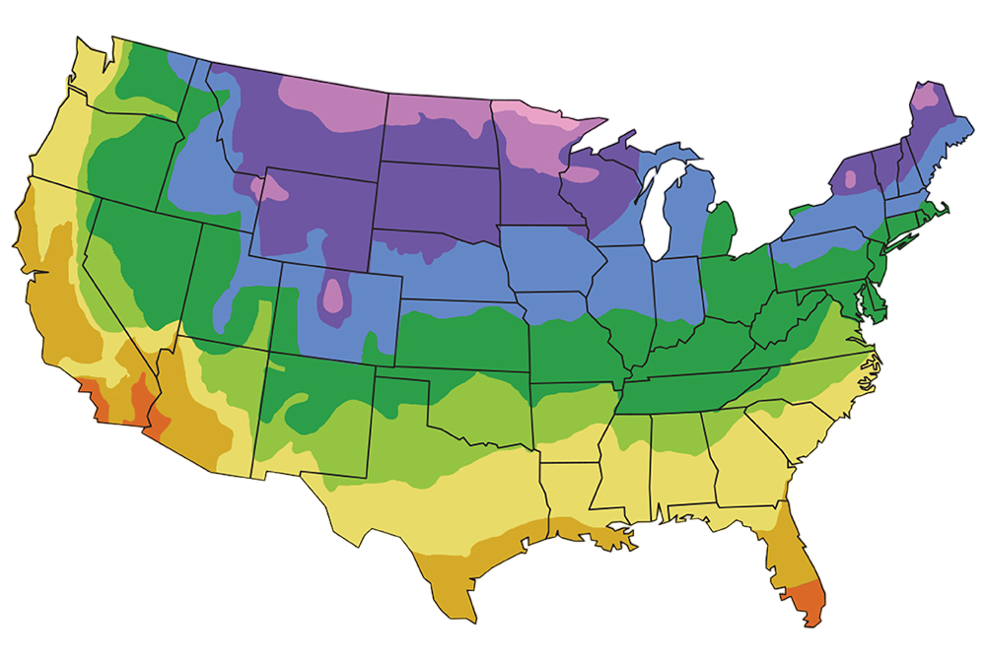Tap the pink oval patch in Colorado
click(334, 295)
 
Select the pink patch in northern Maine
click(926, 98)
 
